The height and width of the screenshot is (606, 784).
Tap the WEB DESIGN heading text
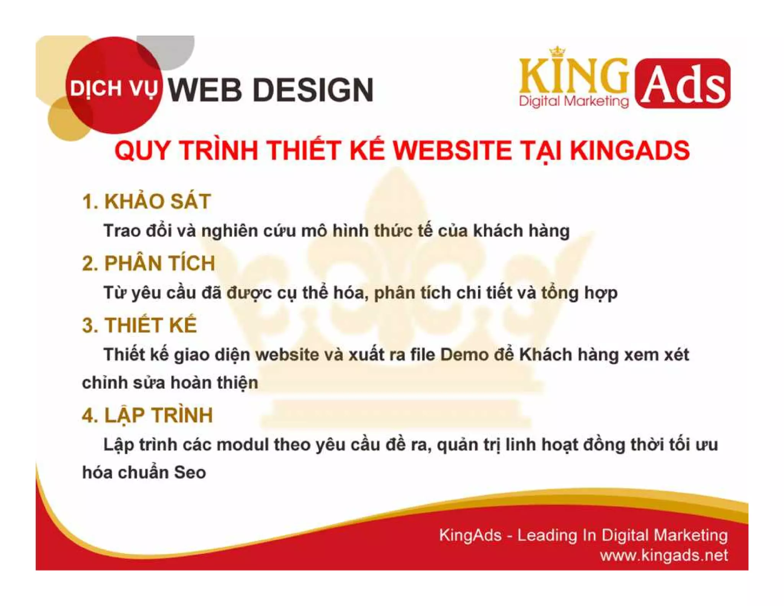(x=270, y=90)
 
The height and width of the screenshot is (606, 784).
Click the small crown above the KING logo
(x=557, y=51)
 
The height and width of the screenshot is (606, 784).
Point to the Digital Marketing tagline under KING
(x=573, y=102)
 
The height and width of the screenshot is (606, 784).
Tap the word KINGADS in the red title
(x=630, y=150)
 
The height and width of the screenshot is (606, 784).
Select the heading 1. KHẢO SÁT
(x=147, y=201)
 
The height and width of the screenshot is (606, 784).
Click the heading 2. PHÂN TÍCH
(x=149, y=264)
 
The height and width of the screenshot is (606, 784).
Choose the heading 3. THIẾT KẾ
(x=139, y=325)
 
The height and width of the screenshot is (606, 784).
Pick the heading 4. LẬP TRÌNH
(x=147, y=415)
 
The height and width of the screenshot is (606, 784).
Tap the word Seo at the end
(x=190, y=472)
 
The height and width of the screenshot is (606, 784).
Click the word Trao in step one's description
(x=122, y=231)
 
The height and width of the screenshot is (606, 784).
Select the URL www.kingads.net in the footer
(x=663, y=555)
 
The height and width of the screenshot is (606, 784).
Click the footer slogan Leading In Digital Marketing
(x=622, y=535)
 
